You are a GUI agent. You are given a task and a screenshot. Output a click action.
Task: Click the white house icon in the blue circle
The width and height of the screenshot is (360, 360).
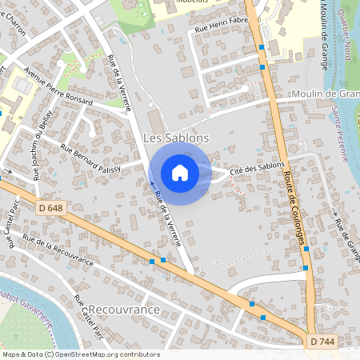tap(180, 173)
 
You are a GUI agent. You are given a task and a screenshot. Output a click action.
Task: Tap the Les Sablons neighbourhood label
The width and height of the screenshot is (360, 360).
tap(175, 138)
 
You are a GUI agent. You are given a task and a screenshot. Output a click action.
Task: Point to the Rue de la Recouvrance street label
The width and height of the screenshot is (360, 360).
tap(58, 250)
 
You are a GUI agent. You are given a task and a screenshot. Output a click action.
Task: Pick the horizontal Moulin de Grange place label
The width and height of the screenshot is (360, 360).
tap(325, 94)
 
